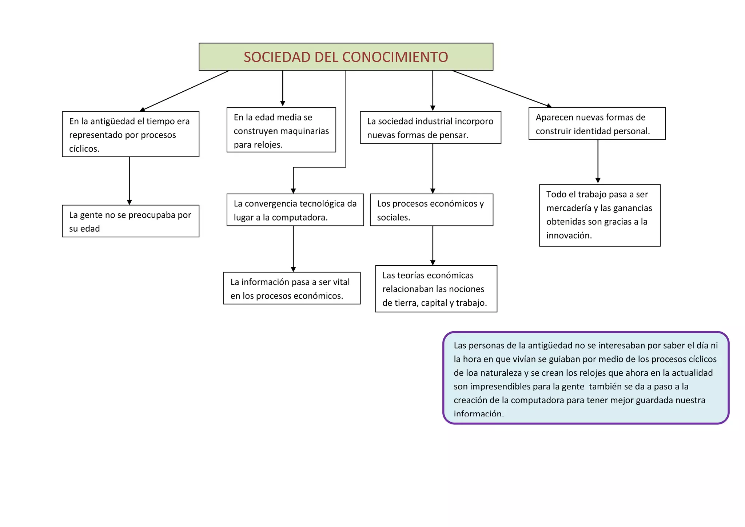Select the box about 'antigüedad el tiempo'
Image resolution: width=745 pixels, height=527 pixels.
click(131, 134)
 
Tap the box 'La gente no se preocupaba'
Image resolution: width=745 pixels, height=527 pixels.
click(131, 221)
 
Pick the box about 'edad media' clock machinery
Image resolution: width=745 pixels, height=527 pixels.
click(281, 130)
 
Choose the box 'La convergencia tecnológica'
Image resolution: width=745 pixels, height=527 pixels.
click(295, 210)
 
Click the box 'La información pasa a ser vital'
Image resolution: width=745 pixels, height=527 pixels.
click(292, 288)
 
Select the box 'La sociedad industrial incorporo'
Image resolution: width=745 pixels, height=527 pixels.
click(430, 127)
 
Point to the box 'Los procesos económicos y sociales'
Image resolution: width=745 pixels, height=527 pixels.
click(431, 210)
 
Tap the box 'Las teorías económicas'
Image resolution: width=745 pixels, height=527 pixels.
click(436, 289)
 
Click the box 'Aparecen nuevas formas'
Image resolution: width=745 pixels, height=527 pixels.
click(597, 123)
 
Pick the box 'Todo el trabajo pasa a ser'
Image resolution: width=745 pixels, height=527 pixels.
click(599, 215)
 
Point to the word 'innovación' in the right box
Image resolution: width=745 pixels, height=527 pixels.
click(569, 235)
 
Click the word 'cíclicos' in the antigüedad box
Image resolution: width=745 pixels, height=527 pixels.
click(84, 149)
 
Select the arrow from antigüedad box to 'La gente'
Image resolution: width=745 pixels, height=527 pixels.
click(130, 181)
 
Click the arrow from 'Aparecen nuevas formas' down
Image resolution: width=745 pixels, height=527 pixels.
click(598, 162)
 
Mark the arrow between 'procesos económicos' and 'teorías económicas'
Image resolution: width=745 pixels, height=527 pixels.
click(433, 245)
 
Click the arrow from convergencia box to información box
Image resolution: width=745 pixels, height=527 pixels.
click(293, 249)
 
